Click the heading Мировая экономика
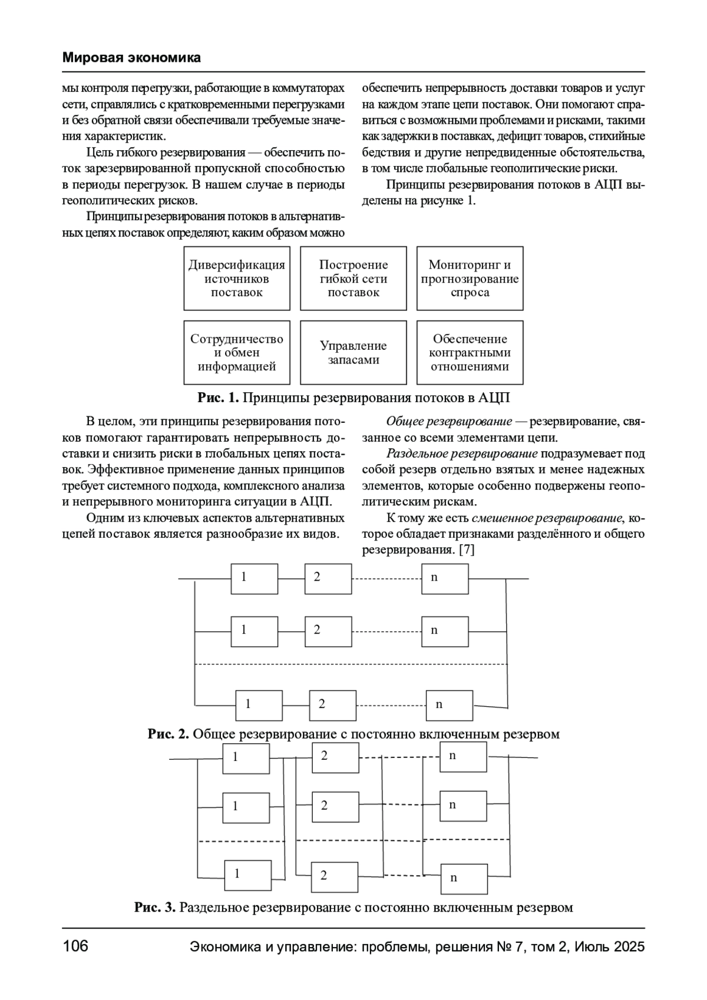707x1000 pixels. coord(131,58)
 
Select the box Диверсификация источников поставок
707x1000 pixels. coord(237,279)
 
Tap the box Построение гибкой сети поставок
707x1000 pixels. coord(353,279)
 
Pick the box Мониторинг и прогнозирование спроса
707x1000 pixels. coord(470,279)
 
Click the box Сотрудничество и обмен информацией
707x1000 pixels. coord(237,353)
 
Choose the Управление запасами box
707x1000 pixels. coord(353,353)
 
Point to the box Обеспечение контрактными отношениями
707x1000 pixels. coord(470,353)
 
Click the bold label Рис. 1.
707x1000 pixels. coord(218,398)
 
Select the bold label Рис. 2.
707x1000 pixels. coord(168,734)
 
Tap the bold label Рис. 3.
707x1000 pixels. coord(155,907)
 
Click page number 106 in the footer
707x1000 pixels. coord(75,946)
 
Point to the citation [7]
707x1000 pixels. coord(466,550)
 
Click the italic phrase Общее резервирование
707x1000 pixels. coord(449,422)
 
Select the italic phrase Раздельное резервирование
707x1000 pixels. coord(462,454)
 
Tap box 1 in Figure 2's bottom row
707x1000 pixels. coord(259,704)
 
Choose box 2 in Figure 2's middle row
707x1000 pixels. coord(328,631)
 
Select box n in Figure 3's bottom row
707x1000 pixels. coord(464,879)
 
